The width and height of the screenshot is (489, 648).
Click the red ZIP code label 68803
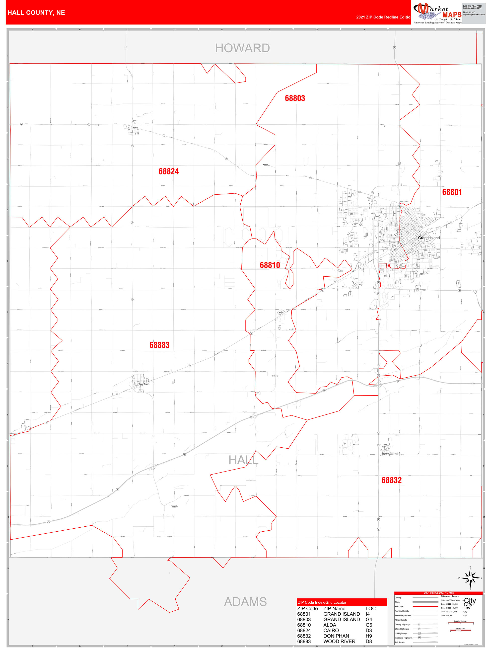click(x=295, y=98)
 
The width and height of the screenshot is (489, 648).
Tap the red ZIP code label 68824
click(x=168, y=171)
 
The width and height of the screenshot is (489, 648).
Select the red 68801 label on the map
click(x=452, y=192)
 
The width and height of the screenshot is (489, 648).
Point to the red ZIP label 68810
click(x=270, y=265)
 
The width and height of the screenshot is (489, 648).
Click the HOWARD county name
click(x=242, y=48)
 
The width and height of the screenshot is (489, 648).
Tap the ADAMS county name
click(x=245, y=602)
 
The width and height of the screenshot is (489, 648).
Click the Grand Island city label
click(x=429, y=238)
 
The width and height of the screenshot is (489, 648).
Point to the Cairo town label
click(x=135, y=127)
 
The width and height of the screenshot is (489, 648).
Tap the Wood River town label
click(x=143, y=384)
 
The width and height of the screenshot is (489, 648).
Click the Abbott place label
click(x=265, y=165)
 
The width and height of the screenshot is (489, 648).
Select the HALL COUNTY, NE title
click(x=36, y=13)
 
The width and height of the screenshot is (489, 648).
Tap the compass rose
click(x=470, y=578)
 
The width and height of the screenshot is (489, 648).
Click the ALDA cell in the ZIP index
click(x=330, y=625)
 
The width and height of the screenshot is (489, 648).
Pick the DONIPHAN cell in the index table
click(x=336, y=636)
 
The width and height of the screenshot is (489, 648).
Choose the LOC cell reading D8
click(x=369, y=641)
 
